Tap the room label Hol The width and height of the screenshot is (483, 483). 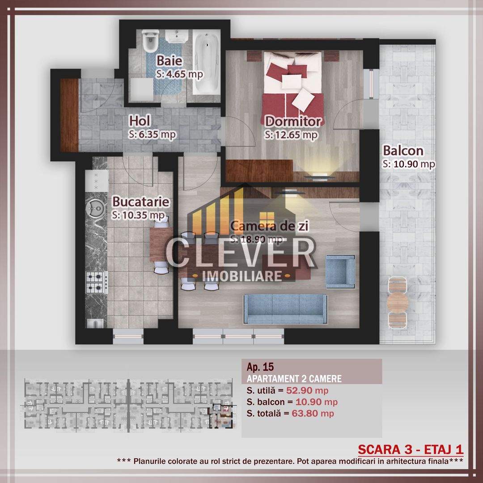pos(139,120)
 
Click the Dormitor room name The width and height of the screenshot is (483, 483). pos(293,121)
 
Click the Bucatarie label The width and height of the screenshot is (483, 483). pos(141,202)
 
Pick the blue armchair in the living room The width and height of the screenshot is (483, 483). pos(340,271)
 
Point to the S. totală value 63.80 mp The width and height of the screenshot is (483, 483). pos(313,414)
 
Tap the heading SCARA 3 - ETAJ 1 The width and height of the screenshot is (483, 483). pos(411,449)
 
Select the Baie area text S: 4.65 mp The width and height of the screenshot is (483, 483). pos(180,74)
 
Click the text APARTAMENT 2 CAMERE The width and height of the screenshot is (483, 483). pos(294,379)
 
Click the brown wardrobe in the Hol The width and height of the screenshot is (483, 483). pos(69,115)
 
